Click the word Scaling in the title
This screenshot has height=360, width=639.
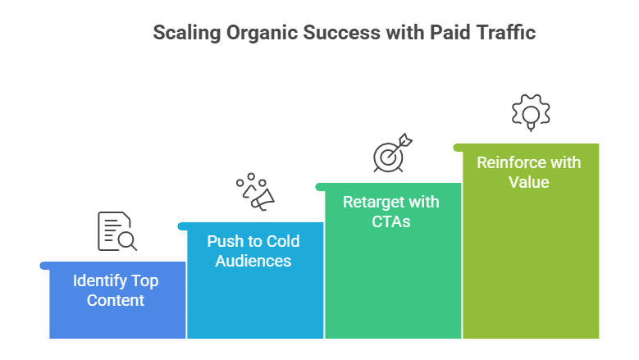pos(187,34)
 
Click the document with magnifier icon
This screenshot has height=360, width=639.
pos(117,231)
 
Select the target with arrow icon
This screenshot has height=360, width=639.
pos(392,153)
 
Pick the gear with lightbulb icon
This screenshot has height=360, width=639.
pos(531,113)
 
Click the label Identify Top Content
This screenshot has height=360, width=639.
pos(116,290)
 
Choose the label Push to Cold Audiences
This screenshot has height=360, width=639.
pos(253,251)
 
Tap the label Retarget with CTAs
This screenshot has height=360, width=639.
pos(390,212)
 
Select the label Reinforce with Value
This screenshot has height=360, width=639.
pos(528,172)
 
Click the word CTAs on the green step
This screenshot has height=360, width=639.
pos(390,221)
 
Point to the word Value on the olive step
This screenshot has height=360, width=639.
pos(528,182)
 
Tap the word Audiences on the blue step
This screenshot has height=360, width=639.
pos(253,261)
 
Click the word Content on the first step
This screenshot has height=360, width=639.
pos(116,300)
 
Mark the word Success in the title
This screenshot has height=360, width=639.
pos(341,33)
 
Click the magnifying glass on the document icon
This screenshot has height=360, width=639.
pos(128,241)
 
